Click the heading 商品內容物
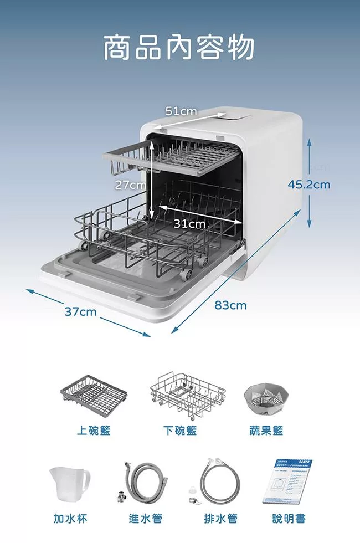(x=179, y=48)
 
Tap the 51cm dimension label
(x=181, y=111)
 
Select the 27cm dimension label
(x=130, y=185)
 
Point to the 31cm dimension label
(x=189, y=224)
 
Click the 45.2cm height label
(x=309, y=185)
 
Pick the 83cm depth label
(x=230, y=305)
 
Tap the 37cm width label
(x=80, y=312)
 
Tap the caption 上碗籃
(x=94, y=431)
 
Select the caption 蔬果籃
(x=266, y=431)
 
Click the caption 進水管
(x=145, y=519)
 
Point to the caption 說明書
(x=289, y=519)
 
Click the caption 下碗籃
(x=180, y=431)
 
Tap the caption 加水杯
(x=70, y=519)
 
